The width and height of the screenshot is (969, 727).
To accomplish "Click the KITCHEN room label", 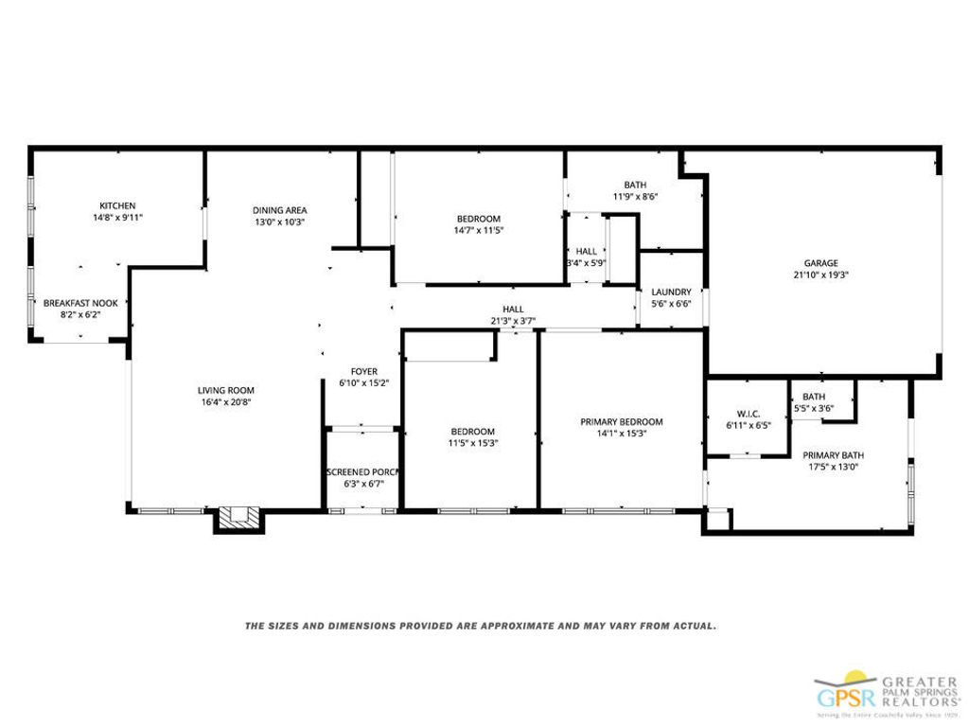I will point(118,205).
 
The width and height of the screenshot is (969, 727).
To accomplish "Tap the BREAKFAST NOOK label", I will point(80,303).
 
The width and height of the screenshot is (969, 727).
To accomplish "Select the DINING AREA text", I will point(279,210).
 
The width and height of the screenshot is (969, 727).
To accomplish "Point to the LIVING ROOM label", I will point(225,390).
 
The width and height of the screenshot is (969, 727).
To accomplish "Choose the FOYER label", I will point(364,372).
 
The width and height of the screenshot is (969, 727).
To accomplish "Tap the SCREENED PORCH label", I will point(362,471).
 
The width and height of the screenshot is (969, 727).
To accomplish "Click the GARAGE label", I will point(821,263).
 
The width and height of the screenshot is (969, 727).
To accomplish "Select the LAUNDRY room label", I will point(671,292).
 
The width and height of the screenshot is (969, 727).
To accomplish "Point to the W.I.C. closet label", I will point(748,414).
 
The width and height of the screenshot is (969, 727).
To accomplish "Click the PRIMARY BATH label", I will point(835,454).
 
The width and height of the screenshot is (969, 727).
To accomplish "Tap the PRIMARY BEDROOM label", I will point(621,422).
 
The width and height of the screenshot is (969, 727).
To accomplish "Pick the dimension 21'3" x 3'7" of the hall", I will point(513,321).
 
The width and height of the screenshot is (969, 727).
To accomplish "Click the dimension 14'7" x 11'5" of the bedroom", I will point(478,230).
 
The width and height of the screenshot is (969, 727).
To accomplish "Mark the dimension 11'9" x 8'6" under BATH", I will point(634,197).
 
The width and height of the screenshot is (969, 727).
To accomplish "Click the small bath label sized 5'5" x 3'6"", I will point(814,397).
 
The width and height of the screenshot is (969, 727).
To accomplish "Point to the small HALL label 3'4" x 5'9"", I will point(586,251).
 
